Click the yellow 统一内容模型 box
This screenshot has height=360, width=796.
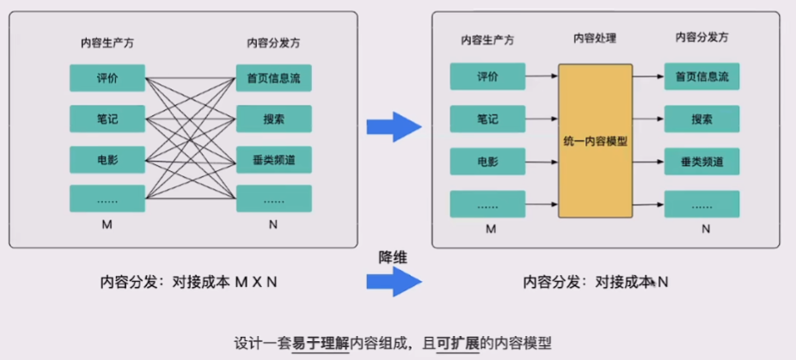[595, 140]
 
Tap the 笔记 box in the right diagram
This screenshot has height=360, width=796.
[487, 119]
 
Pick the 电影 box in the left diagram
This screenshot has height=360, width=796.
[107, 160]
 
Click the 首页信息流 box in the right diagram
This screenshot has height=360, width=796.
[701, 77]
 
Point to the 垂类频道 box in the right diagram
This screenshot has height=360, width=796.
[701, 161]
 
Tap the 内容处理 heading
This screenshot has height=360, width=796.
[595, 39]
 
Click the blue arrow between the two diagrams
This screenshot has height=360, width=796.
[394, 127]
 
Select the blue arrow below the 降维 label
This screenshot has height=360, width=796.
[394, 281]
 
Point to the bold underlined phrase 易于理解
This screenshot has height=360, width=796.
[320, 340]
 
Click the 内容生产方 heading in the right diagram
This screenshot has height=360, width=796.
[487, 40]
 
